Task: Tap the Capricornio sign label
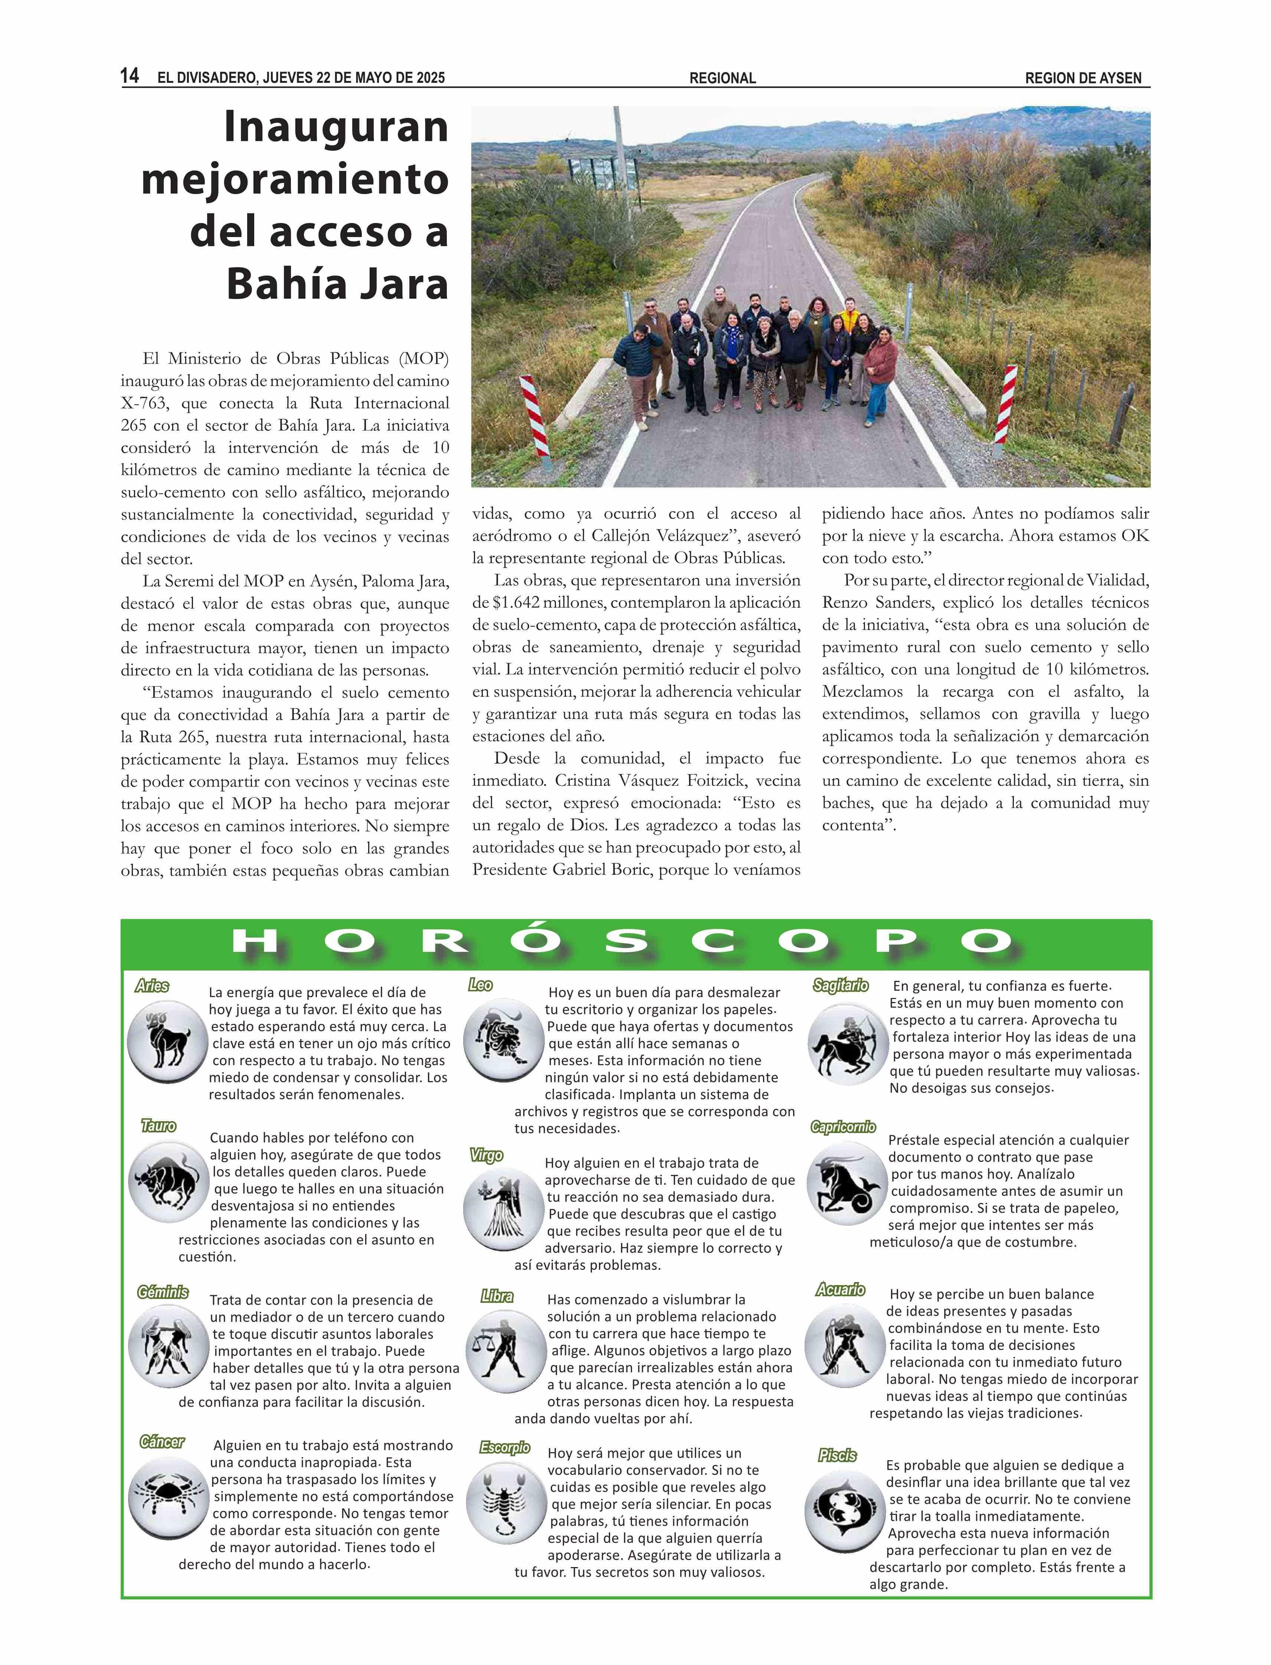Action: pyautogui.click(x=843, y=1127)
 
